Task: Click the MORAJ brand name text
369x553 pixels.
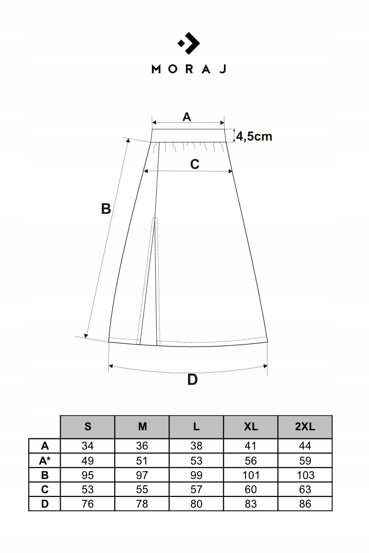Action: [189, 69]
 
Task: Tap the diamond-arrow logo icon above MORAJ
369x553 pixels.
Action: [189, 44]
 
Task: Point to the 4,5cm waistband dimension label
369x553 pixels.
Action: [254, 136]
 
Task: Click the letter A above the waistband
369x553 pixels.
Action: [187, 117]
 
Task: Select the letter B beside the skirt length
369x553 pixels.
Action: [106, 208]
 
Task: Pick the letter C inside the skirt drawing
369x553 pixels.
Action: [195, 164]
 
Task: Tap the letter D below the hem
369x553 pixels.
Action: [192, 379]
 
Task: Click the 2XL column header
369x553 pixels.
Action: [305, 427]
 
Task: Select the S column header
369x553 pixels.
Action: [88, 427]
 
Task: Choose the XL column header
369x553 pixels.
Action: [251, 427]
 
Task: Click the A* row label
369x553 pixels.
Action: [44, 461]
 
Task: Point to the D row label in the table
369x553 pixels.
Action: [44, 504]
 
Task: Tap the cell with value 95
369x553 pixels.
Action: [88, 475]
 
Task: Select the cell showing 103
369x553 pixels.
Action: [305, 475]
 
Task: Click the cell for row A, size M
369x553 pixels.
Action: [143, 446]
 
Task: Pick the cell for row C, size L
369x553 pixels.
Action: [197, 489]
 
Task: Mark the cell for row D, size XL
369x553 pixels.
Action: [251, 504]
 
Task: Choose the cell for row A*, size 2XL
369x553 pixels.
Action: [305, 461]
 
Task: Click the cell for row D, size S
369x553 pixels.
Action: [88, 504]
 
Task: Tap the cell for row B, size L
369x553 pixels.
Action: [197, 475]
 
